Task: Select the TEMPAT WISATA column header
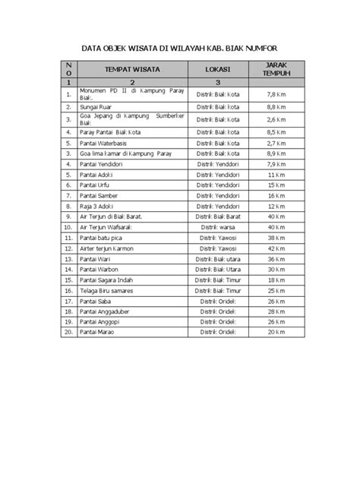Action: click(131, 69)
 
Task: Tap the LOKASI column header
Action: click(217, 69)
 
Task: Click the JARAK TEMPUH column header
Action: click(276, 69)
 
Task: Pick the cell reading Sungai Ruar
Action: click(96, 107)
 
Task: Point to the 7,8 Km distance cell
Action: click(276, 94)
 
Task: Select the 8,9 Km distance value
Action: click(276, 153)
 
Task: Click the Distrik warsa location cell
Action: click(217, 226)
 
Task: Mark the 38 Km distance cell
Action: click(276, 237)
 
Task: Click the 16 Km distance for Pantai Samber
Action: click(276, 195)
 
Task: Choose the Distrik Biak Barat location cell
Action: click(217, 216)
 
